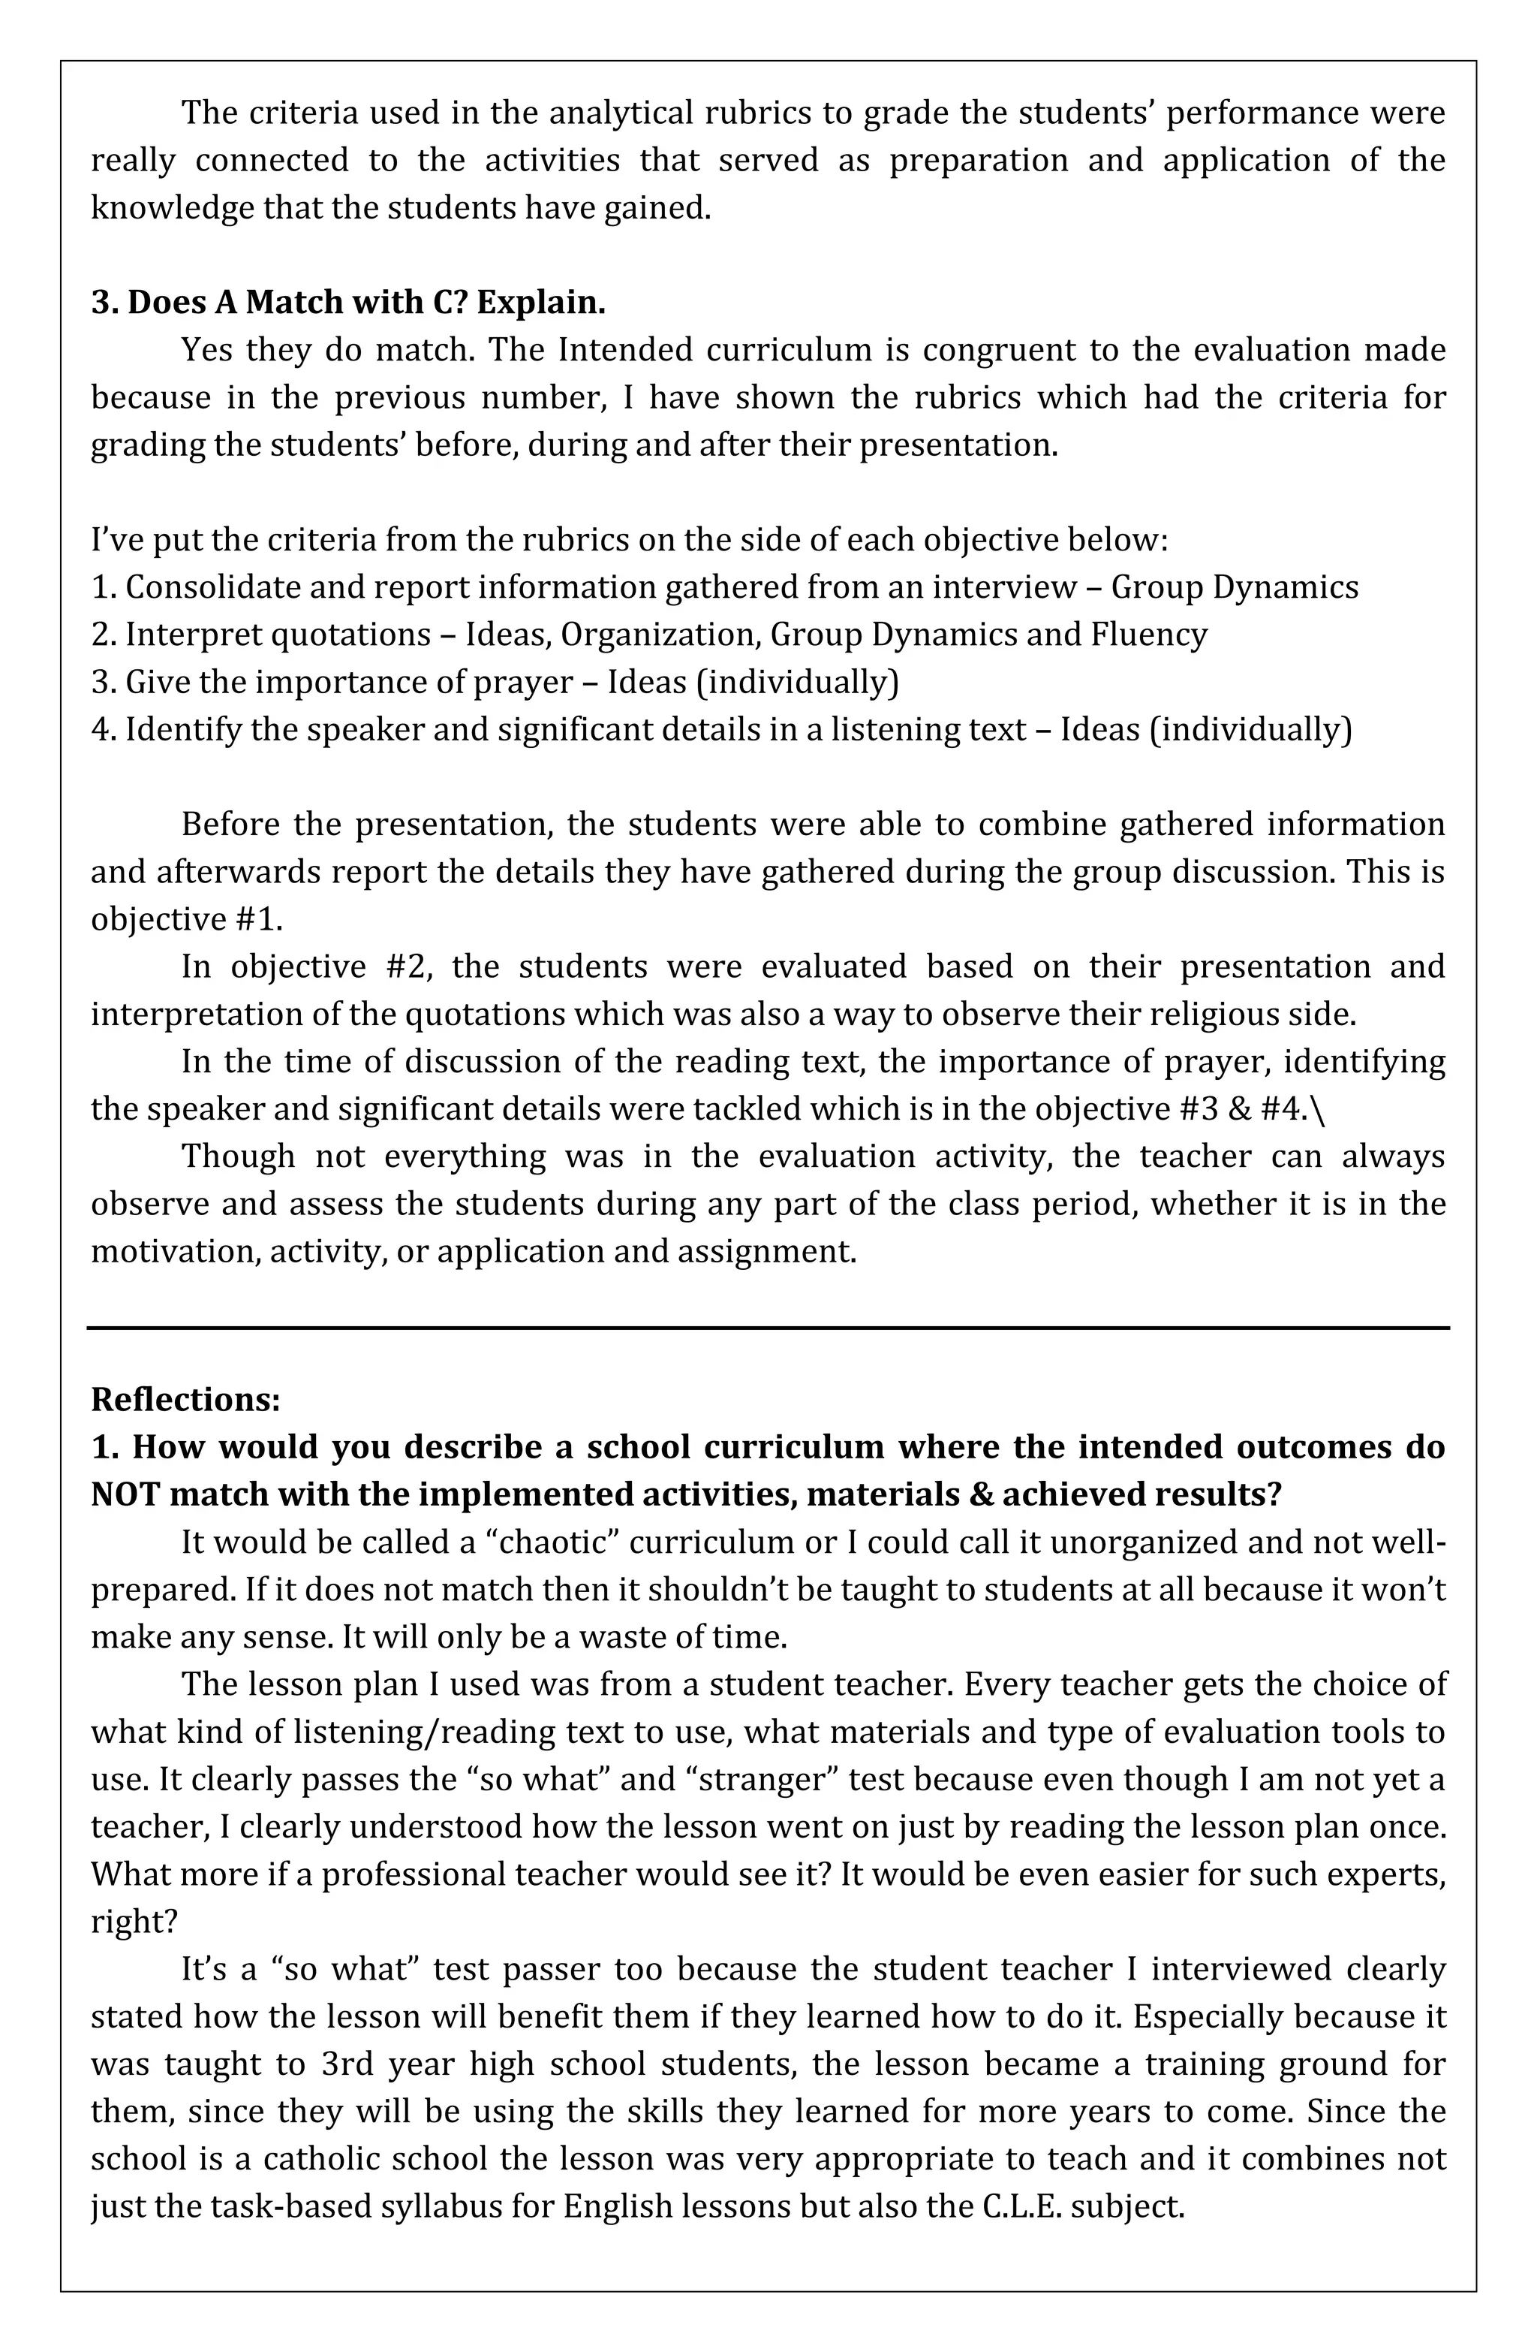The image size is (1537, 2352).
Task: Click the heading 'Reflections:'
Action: tap(185, 1398)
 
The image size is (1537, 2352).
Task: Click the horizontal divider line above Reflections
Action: tap(768, 1327)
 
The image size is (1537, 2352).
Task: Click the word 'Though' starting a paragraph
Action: tap(238, 1155)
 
